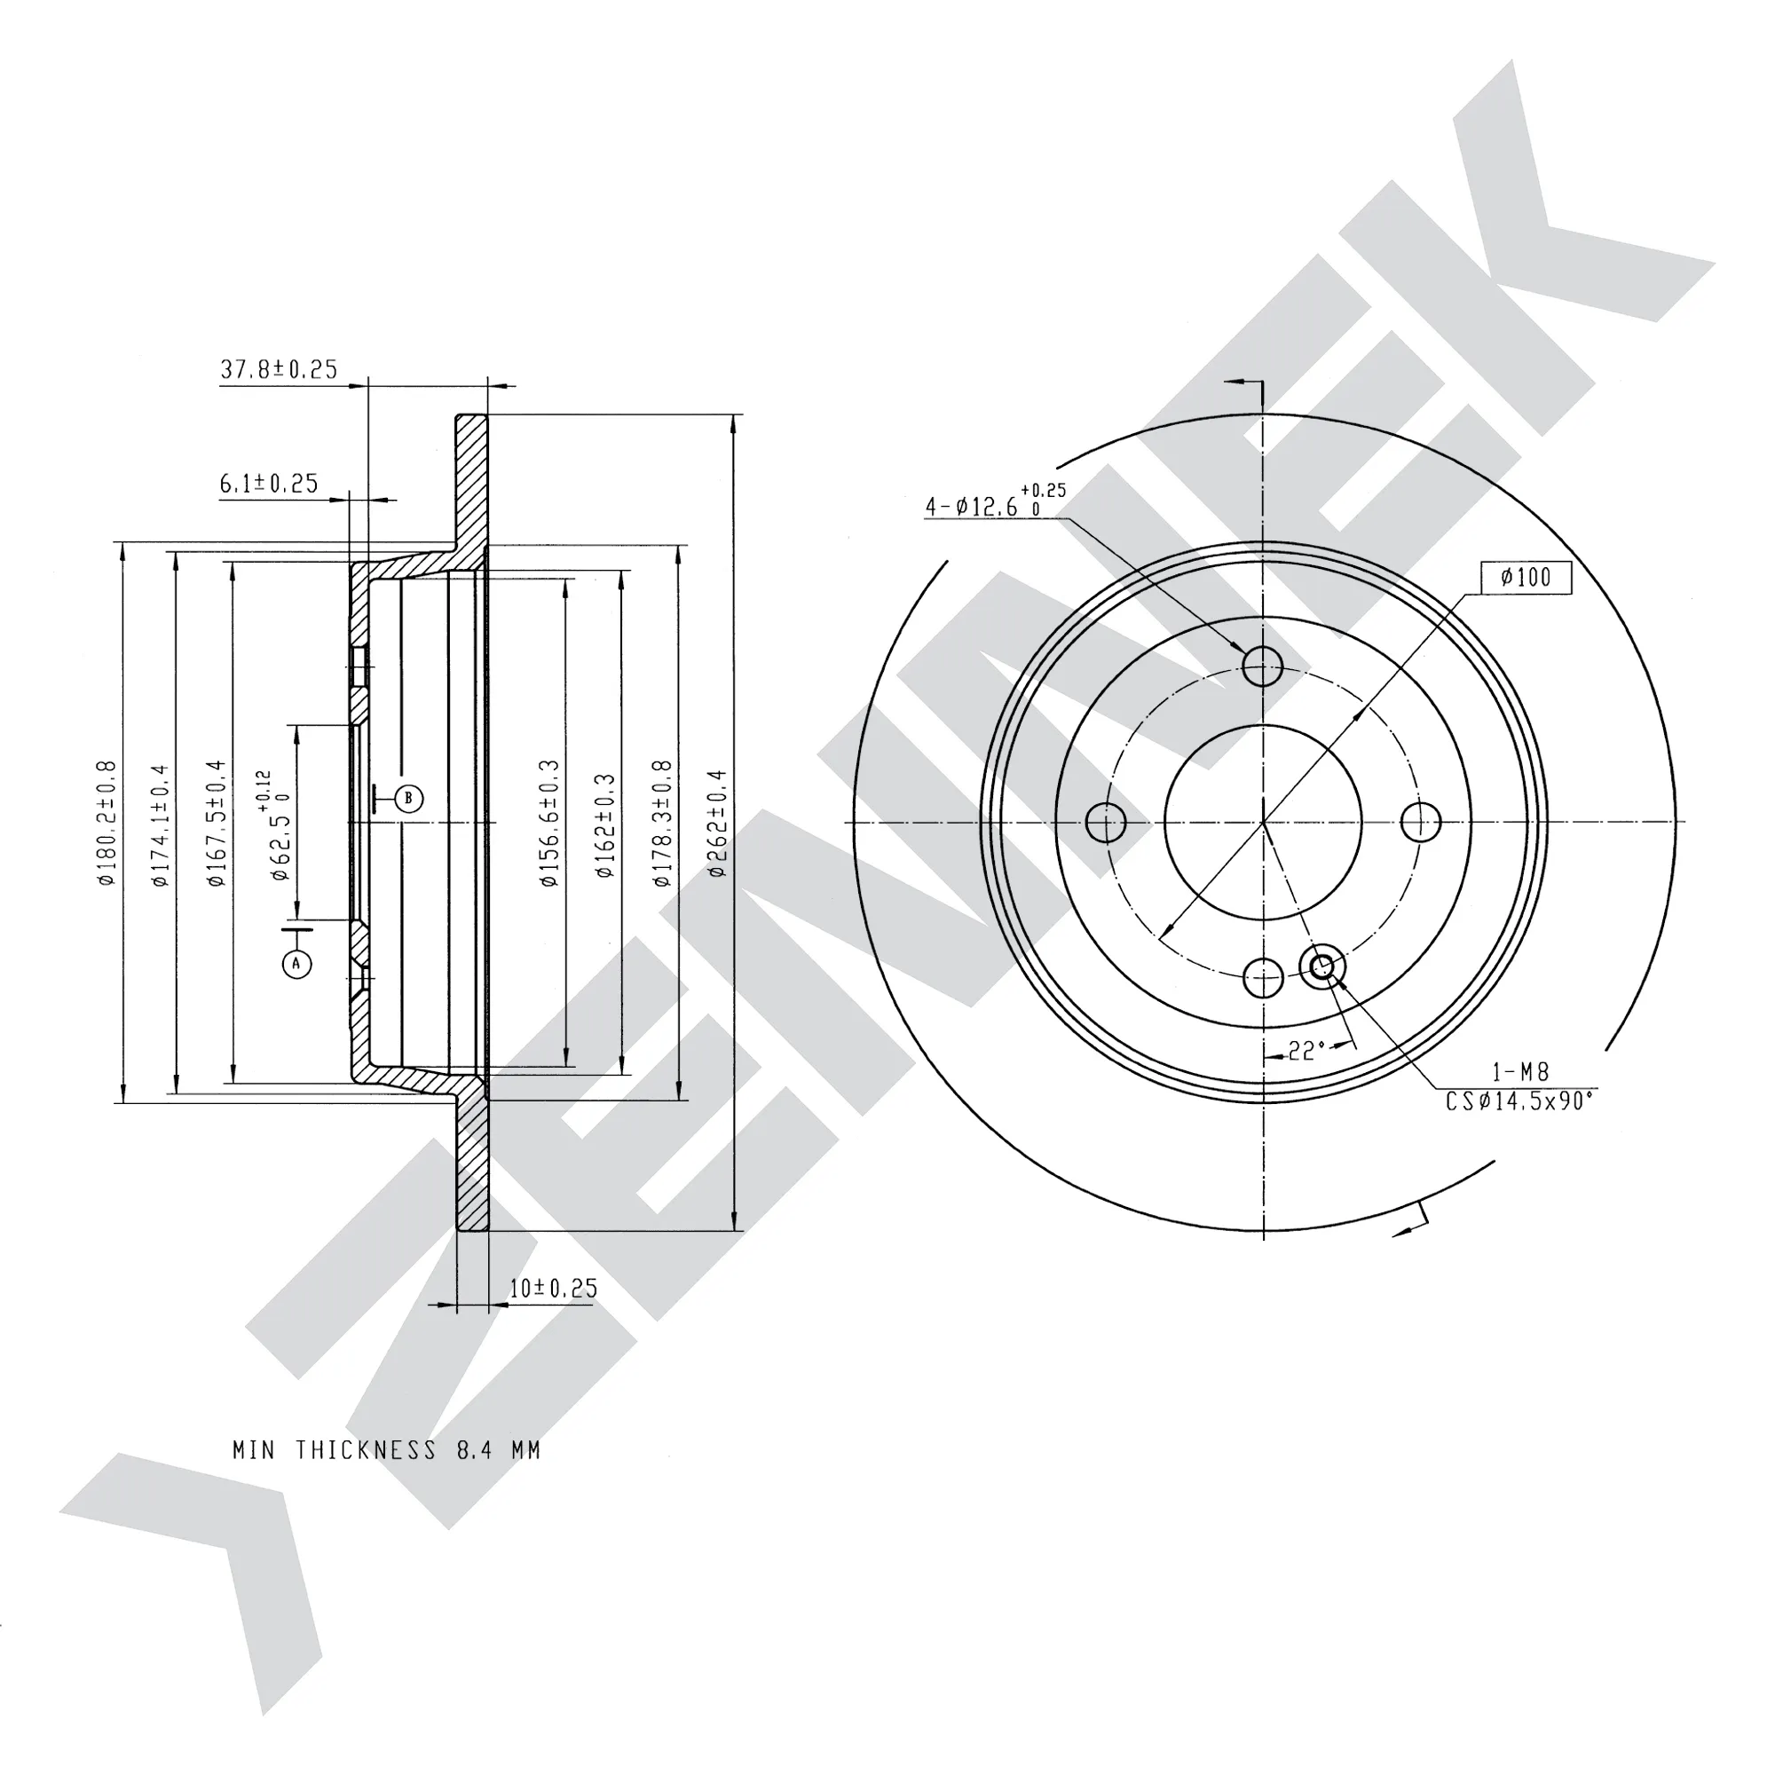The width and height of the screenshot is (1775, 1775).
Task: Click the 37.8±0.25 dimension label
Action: pyautogui.click(x=279, y=369)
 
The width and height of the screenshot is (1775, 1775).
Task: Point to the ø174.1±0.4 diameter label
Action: pyautogui.click(x=162, y=824)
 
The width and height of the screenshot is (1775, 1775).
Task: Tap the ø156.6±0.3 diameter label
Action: pyautogui.click(x=549, y=823)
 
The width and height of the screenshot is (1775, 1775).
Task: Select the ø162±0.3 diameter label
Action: pyautogui.click(x=604, y=825)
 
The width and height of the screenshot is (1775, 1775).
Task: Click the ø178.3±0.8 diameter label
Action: pyautogui.click(x=661, y=823)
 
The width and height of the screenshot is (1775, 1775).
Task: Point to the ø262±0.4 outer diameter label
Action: pyautogui.click(x=717, y=824)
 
